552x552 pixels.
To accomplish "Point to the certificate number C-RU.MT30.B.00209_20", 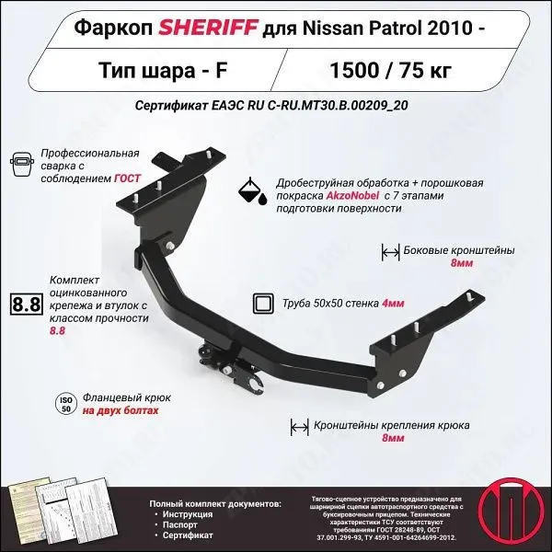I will pyautogui.click(x=339, y=104).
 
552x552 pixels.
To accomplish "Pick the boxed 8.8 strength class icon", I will pyautogui.click(x=27, y=305).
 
